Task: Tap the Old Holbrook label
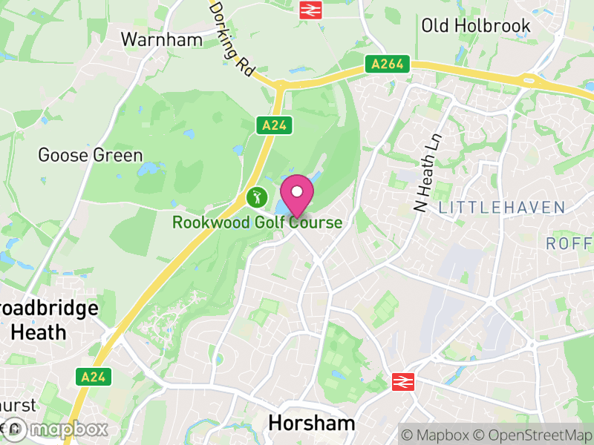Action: coord(476,26)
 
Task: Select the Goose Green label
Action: coord(90,156)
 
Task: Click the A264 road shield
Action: coord(388,65)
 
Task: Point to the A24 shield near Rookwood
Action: coord(272,125)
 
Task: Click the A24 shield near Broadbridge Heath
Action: coord(94,377)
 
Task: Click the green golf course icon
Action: coord(256,197)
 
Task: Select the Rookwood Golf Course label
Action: coord(257,222)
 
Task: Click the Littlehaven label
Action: coord(502,208)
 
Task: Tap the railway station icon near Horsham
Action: coord(402,381)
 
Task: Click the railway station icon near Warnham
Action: coord(309,10)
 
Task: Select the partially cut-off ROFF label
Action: coord(570,243)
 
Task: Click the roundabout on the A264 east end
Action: coord(529,80)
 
